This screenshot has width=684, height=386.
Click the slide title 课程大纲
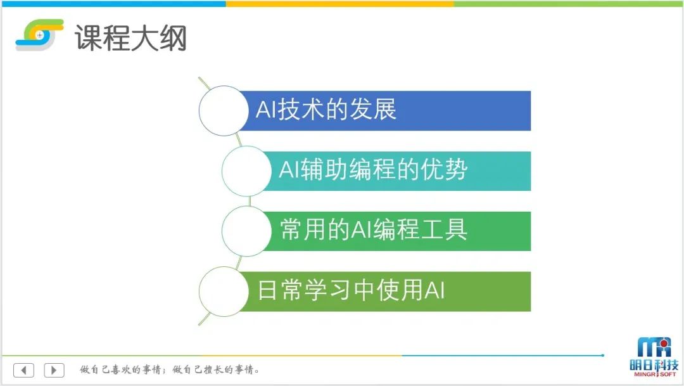point(131,38)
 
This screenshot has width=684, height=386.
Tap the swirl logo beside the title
point(39,34)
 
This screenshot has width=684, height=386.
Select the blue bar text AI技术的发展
point(326,109)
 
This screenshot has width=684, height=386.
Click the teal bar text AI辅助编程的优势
point(373,169)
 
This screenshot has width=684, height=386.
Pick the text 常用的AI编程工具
point(374,229)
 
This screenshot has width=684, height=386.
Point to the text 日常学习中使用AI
point(351,290)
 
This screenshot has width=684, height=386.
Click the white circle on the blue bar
point(224,110)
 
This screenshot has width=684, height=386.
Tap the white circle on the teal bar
point(246,170)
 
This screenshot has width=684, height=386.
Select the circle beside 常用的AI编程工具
point(246,231)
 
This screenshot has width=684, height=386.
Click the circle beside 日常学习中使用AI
point(224,292)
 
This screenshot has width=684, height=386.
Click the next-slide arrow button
point(54,370)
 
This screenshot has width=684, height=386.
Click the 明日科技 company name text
point(654,365)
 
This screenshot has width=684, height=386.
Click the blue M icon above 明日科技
point(654,347)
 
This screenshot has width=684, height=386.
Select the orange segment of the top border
point(340,4)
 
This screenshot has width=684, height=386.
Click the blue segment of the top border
point(113,4)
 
